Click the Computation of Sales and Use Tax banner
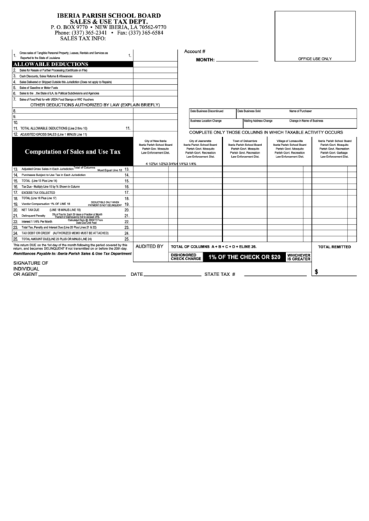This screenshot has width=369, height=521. click(73, 151)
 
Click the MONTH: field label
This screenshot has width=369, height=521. click(205, 60)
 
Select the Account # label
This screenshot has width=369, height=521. click(194, 51)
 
